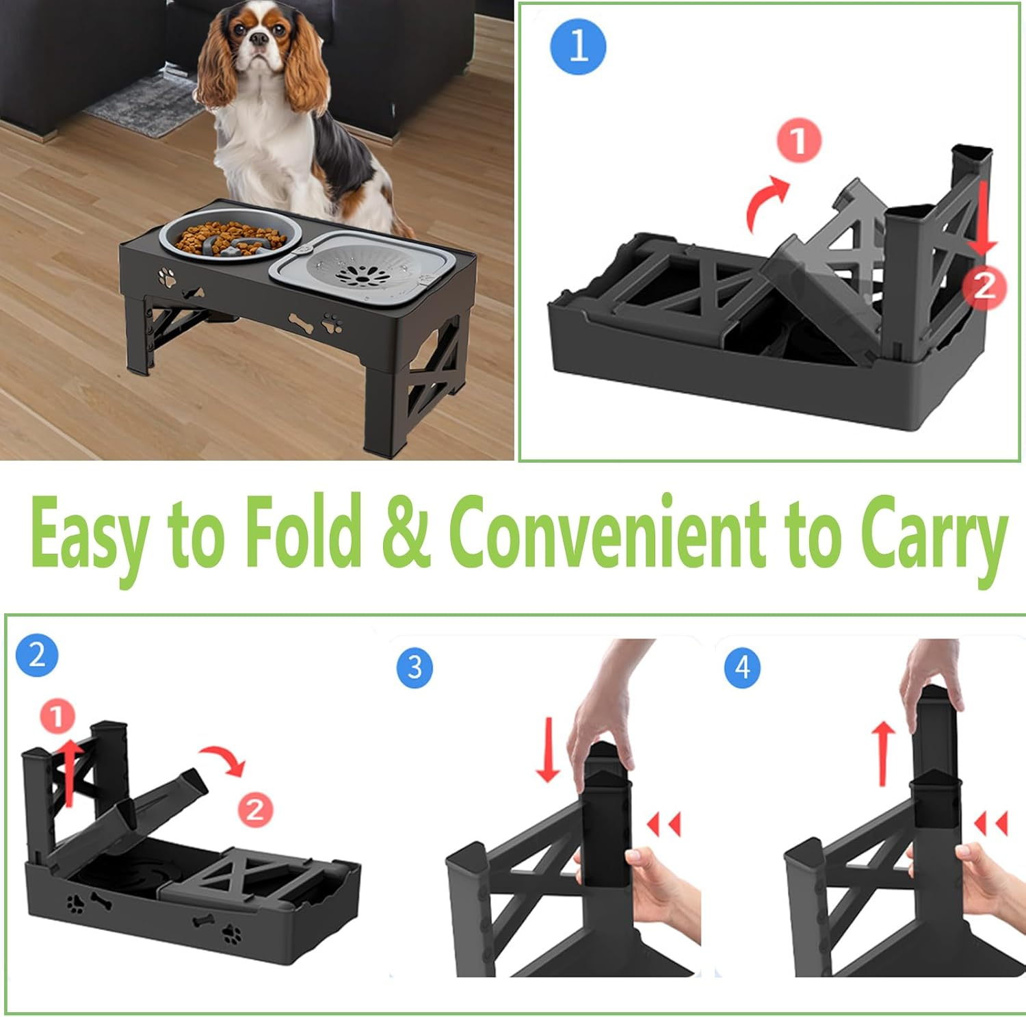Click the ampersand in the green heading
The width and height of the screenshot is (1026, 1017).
(x=406, y=535)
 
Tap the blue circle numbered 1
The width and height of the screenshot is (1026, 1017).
(x=578, y=47)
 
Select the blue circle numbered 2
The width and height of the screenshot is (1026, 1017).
(x=37, y=655)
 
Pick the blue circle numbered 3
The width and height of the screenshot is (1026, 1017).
(x=415, y=667)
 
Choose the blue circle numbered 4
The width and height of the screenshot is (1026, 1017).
(x=742, y=667)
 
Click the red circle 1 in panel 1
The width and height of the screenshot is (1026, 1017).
(x=798, y=140)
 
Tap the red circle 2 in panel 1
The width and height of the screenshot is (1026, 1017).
(x=984, y=286)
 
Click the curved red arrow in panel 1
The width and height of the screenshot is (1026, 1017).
(x=765, y=202)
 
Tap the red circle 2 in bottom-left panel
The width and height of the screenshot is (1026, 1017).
(x=255, y=810)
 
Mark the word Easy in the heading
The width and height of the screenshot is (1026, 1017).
(x=89, y=536)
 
